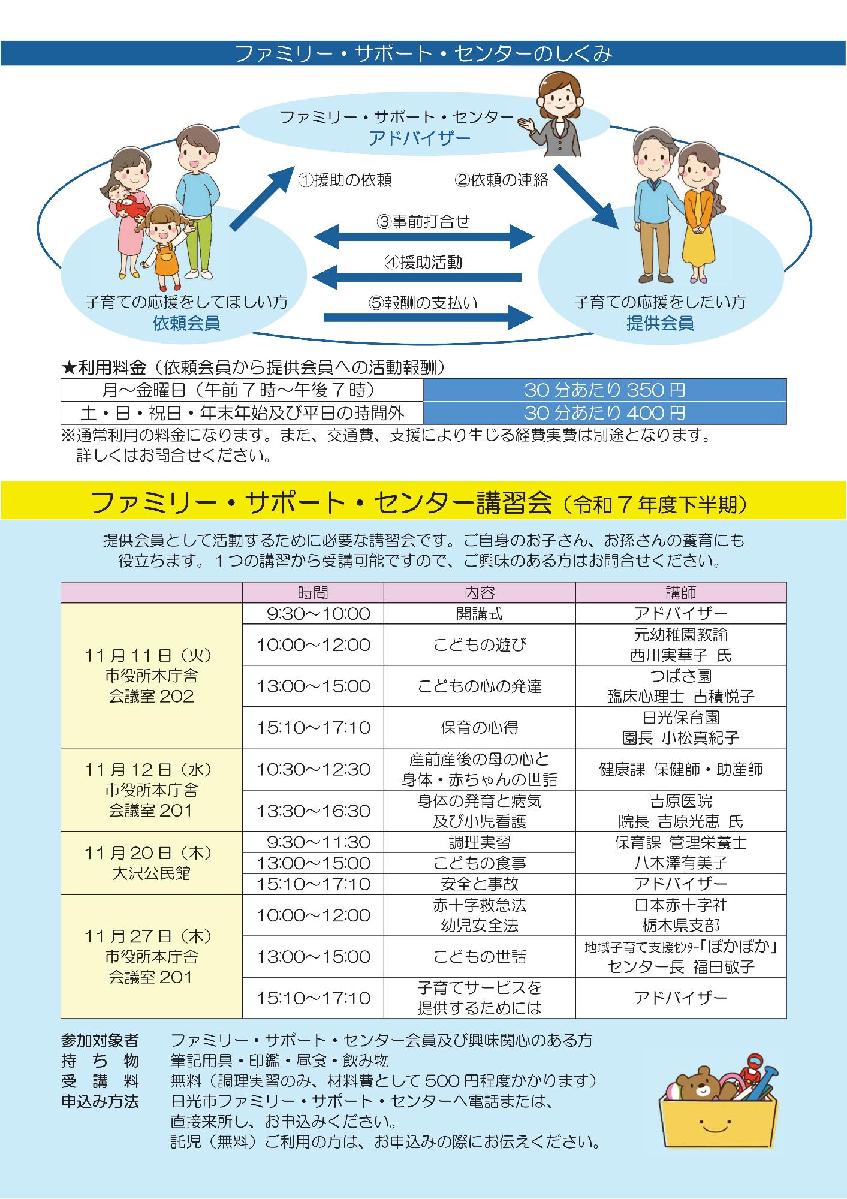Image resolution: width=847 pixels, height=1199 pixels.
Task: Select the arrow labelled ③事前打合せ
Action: pyautogui.click(x=423, y=236)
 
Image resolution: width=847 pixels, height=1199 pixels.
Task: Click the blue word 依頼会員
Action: pyautogui.click(x=186, y=324)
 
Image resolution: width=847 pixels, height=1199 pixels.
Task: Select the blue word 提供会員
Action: pyautogui.click(x=660, y=324)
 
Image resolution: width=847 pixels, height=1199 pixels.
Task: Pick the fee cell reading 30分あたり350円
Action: pyautogui.click(x=604, y=390)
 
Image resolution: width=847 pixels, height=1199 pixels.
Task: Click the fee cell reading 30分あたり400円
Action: pyautogui.click(x=604, y=413)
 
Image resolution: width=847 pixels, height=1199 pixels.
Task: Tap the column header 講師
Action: pyautogui.click(x=680, y=593)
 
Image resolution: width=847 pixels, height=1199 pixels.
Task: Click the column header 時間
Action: pyautogui.click(x=313, y=593)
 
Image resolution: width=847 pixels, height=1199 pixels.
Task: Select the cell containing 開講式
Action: pyautogui.click(x=479, y=614)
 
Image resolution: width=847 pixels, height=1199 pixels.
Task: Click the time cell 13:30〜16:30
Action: pyautogui.click(x=313, y=811)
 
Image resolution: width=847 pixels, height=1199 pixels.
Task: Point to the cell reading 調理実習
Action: pyautogui.click(x=479, y=842)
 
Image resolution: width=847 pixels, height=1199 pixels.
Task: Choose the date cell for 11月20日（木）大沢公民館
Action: pyautogui.click(x=151, y=863)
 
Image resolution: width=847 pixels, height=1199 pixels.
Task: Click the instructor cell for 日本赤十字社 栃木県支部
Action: pyautogui.click(x=680, y=915)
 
